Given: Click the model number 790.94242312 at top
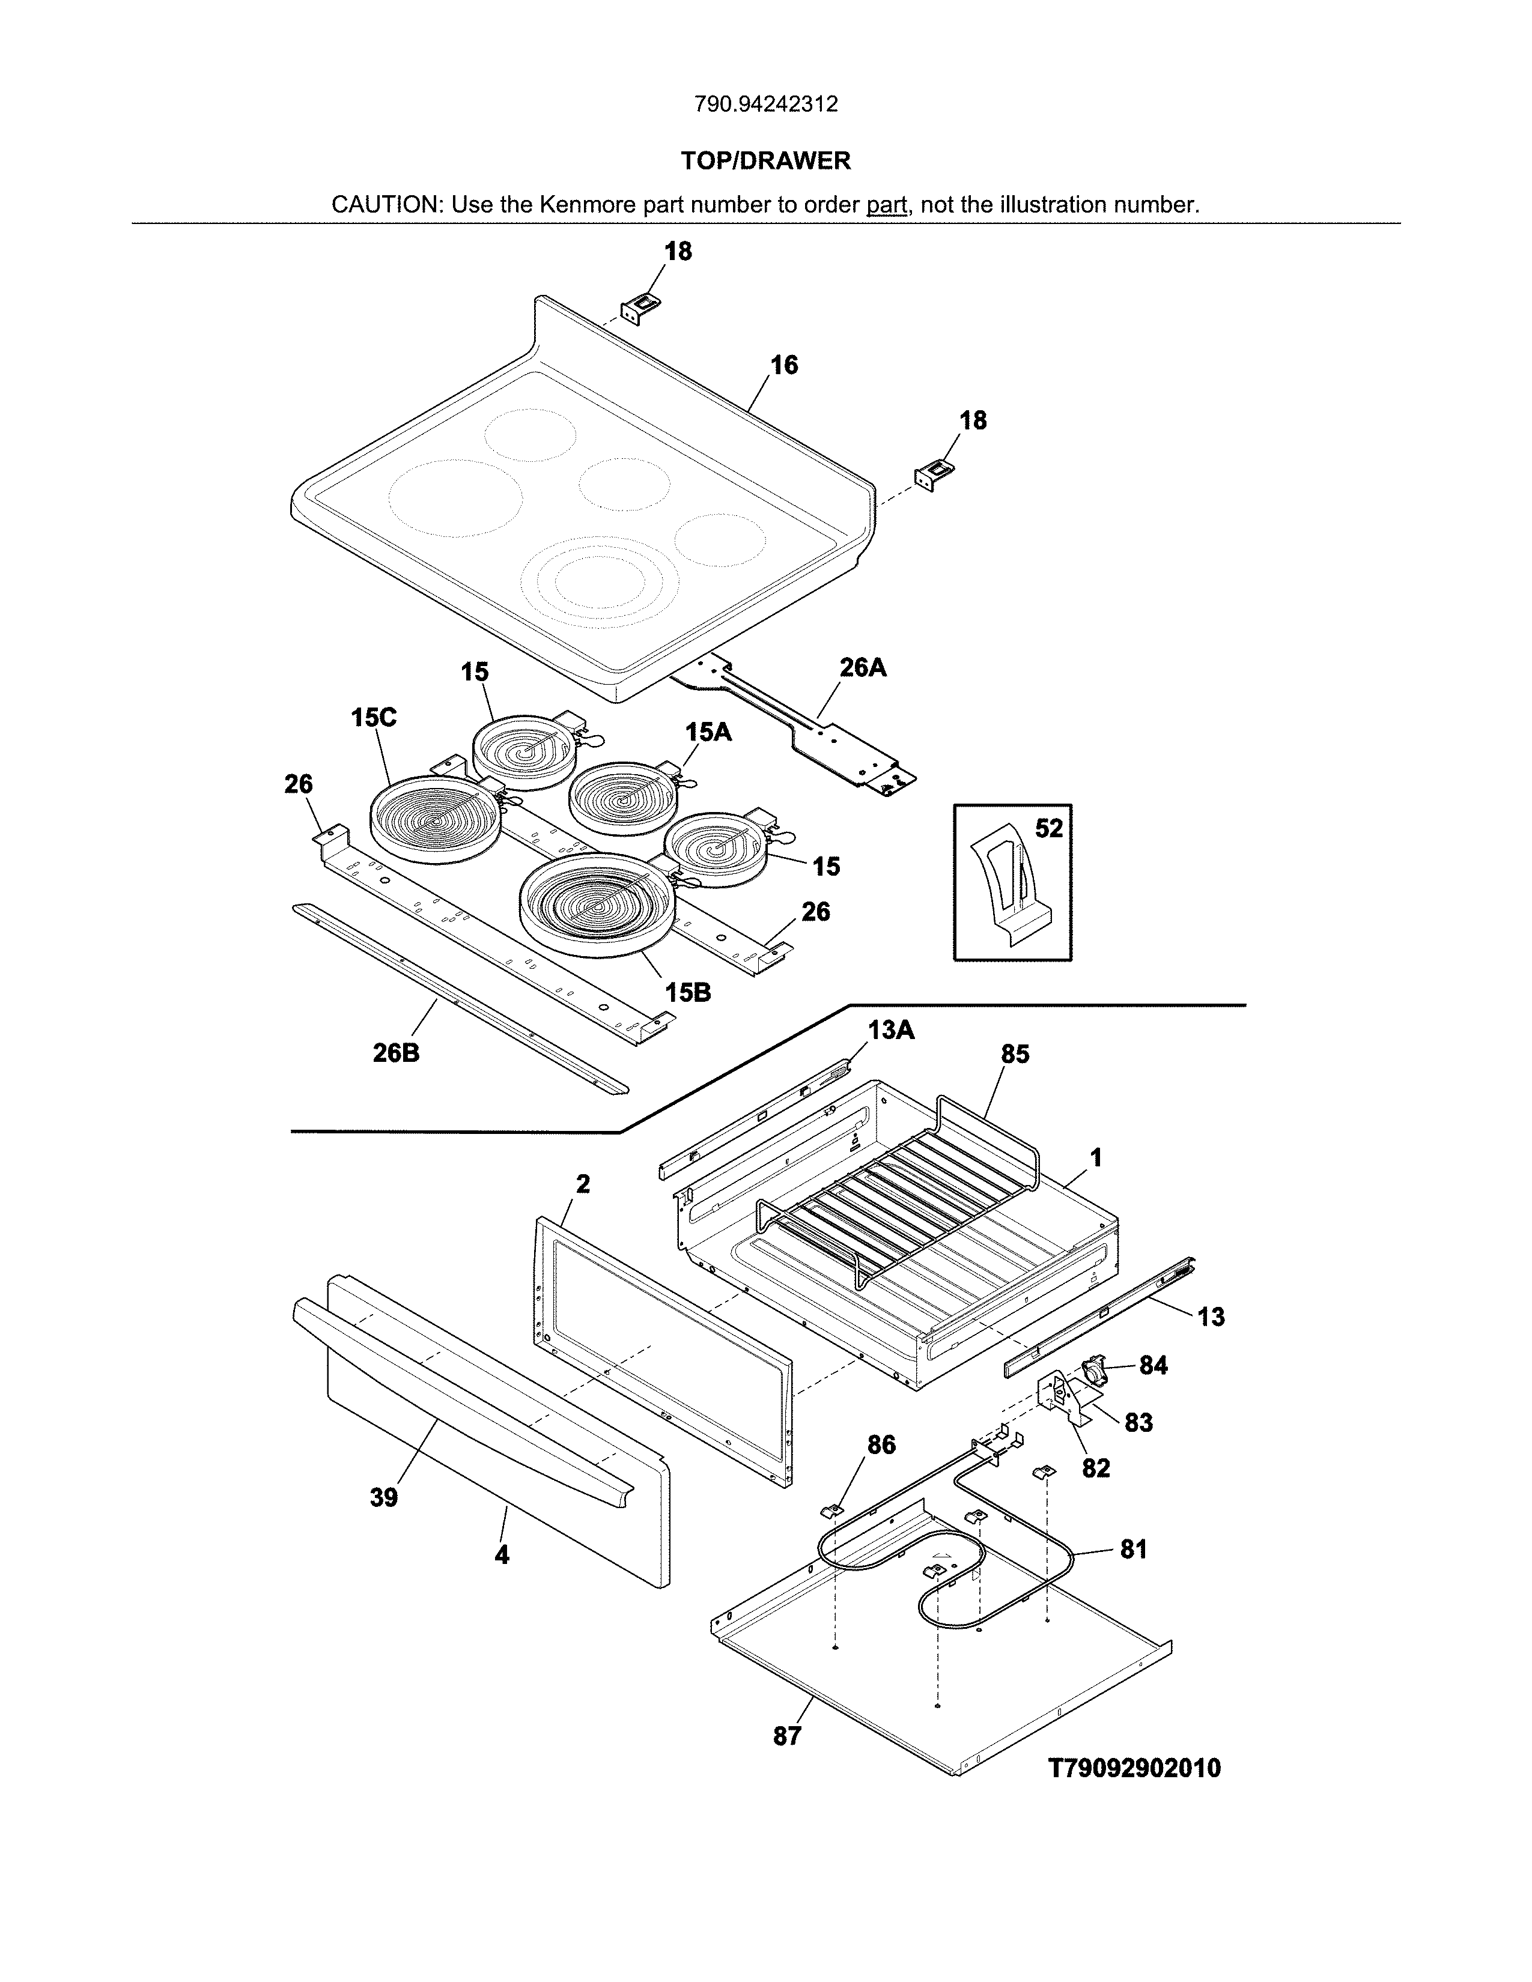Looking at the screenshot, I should [766, 105].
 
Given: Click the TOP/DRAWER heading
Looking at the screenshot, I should [766, 160].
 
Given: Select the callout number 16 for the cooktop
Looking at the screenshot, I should [784, 365].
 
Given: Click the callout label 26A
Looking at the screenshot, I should [863, 668].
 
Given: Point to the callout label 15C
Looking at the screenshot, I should [374, 718].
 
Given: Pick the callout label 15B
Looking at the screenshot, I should [687, 992].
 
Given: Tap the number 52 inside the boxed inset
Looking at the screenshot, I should [1048, 829].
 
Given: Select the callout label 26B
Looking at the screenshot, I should [396, 1053].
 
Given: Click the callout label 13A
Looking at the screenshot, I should [890, 1030].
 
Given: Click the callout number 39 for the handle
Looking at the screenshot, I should [384, 1497].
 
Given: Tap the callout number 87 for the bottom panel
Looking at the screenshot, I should [787, 1736].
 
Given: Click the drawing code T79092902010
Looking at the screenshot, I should [1134, 1768].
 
